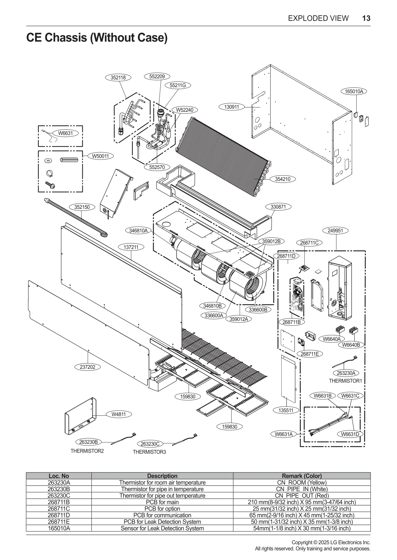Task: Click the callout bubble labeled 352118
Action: [118, 77]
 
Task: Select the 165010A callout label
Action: [354, 91]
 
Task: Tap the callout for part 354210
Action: [283, 179]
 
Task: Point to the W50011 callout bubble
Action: [100, 156]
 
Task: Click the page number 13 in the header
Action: [366, 18]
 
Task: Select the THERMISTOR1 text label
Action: [345, 381]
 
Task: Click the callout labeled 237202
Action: [87, 367]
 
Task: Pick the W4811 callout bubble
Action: [118, 414]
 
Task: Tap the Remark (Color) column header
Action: [301, 476]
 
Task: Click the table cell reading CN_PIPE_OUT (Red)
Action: [301, 496]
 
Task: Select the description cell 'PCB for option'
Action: [162, 509]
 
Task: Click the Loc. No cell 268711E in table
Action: [59, 522]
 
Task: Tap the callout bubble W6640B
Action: [351, 345]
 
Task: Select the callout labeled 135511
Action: [286, 410]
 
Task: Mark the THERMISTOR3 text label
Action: [149, 452]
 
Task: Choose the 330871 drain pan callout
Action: [278, 207]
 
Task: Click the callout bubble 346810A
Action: [138, 230]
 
